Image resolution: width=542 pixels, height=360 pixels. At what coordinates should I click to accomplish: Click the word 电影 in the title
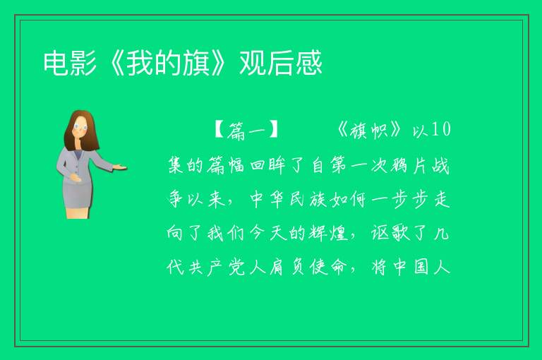click(70, 63)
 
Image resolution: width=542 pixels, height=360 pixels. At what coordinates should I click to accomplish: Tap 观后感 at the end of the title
click(281, 63)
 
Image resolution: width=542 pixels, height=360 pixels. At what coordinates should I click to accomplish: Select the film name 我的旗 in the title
click(168, 63)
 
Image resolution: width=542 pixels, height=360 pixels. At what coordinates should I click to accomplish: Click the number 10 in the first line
click(441, 130)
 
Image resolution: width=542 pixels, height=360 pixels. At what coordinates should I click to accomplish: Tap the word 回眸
click(267, 165)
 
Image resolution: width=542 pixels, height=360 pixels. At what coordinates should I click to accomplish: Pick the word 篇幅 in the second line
click(226, 165)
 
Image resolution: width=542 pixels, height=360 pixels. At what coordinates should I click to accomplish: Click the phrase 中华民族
click(288, 199)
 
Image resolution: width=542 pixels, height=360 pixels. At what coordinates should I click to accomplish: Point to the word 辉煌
click(328, 234)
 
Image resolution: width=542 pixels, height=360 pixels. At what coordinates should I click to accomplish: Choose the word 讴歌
click(390, 234)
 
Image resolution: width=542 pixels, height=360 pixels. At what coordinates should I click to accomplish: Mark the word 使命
click(328, 268)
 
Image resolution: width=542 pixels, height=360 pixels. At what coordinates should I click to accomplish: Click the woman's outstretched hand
click(120, 168)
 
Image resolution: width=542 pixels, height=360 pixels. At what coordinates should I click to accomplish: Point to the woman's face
click(80, 127)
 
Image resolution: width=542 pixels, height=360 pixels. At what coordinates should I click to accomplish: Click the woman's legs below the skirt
click(77, 213)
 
